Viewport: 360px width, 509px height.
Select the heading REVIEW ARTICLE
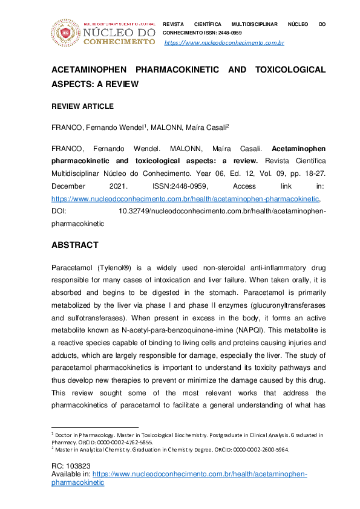point(82,106)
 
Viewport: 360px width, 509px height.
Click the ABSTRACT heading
point(74,245)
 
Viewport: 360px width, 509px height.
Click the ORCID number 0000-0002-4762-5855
point(129,442)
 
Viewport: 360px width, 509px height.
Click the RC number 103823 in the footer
point(78,466)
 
